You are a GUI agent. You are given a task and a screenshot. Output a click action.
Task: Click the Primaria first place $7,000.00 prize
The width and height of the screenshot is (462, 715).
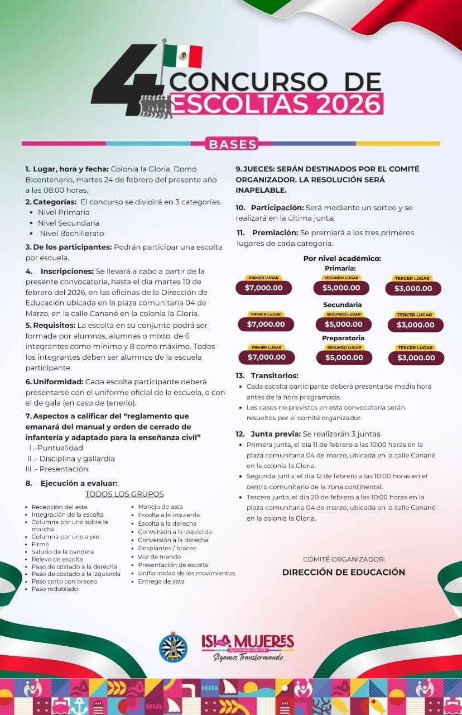[263, 288]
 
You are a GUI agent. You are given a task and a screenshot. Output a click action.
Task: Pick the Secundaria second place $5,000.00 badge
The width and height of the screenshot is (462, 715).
[343, 324]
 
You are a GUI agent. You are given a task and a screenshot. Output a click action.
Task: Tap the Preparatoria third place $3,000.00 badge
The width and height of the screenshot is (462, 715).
[416, 357]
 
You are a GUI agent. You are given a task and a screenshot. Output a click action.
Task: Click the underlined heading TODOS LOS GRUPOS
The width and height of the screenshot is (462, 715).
[124, 494]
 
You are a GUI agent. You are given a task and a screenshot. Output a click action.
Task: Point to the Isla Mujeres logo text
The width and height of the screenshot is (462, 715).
[247, 642]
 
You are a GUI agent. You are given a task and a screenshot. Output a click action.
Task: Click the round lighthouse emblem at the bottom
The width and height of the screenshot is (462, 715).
[173, 647]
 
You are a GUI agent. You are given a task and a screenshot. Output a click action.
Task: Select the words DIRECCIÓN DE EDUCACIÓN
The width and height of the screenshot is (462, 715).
[344, 573]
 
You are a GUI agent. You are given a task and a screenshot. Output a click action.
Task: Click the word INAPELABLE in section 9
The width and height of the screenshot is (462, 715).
[261, 190]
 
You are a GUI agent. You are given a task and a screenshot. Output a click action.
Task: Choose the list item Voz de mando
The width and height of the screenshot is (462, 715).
[160, 557]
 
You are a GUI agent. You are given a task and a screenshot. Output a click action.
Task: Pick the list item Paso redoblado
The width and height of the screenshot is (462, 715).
[55, 589]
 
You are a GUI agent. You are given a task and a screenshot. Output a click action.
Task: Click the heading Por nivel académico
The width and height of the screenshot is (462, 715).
[342, 258]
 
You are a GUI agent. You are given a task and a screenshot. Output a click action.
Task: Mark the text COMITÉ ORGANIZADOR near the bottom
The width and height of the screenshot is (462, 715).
[344, 559]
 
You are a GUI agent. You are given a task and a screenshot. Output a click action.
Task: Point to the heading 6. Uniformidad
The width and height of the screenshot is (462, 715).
[55, 382]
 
